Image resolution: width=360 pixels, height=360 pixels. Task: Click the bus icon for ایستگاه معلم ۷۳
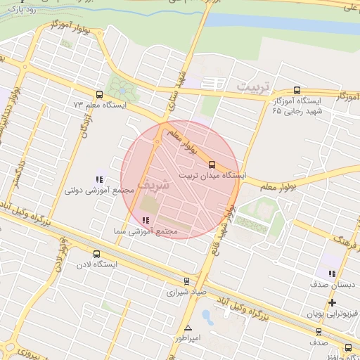pos(98,94)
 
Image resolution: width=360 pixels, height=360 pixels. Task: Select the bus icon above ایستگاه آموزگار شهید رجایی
pos(297,91)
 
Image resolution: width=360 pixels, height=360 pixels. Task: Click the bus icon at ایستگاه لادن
pos(96,254)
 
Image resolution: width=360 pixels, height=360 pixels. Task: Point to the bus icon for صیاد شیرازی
pos(186,280)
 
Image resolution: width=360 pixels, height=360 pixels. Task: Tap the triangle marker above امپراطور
pos(188,328)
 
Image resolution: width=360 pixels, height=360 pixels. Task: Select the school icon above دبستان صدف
pos(332,274)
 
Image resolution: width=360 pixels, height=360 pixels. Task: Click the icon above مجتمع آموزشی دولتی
pos(99,179)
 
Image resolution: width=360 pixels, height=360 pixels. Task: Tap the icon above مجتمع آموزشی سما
pos(145,220)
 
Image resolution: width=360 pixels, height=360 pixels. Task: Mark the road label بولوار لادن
pos(60,259)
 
